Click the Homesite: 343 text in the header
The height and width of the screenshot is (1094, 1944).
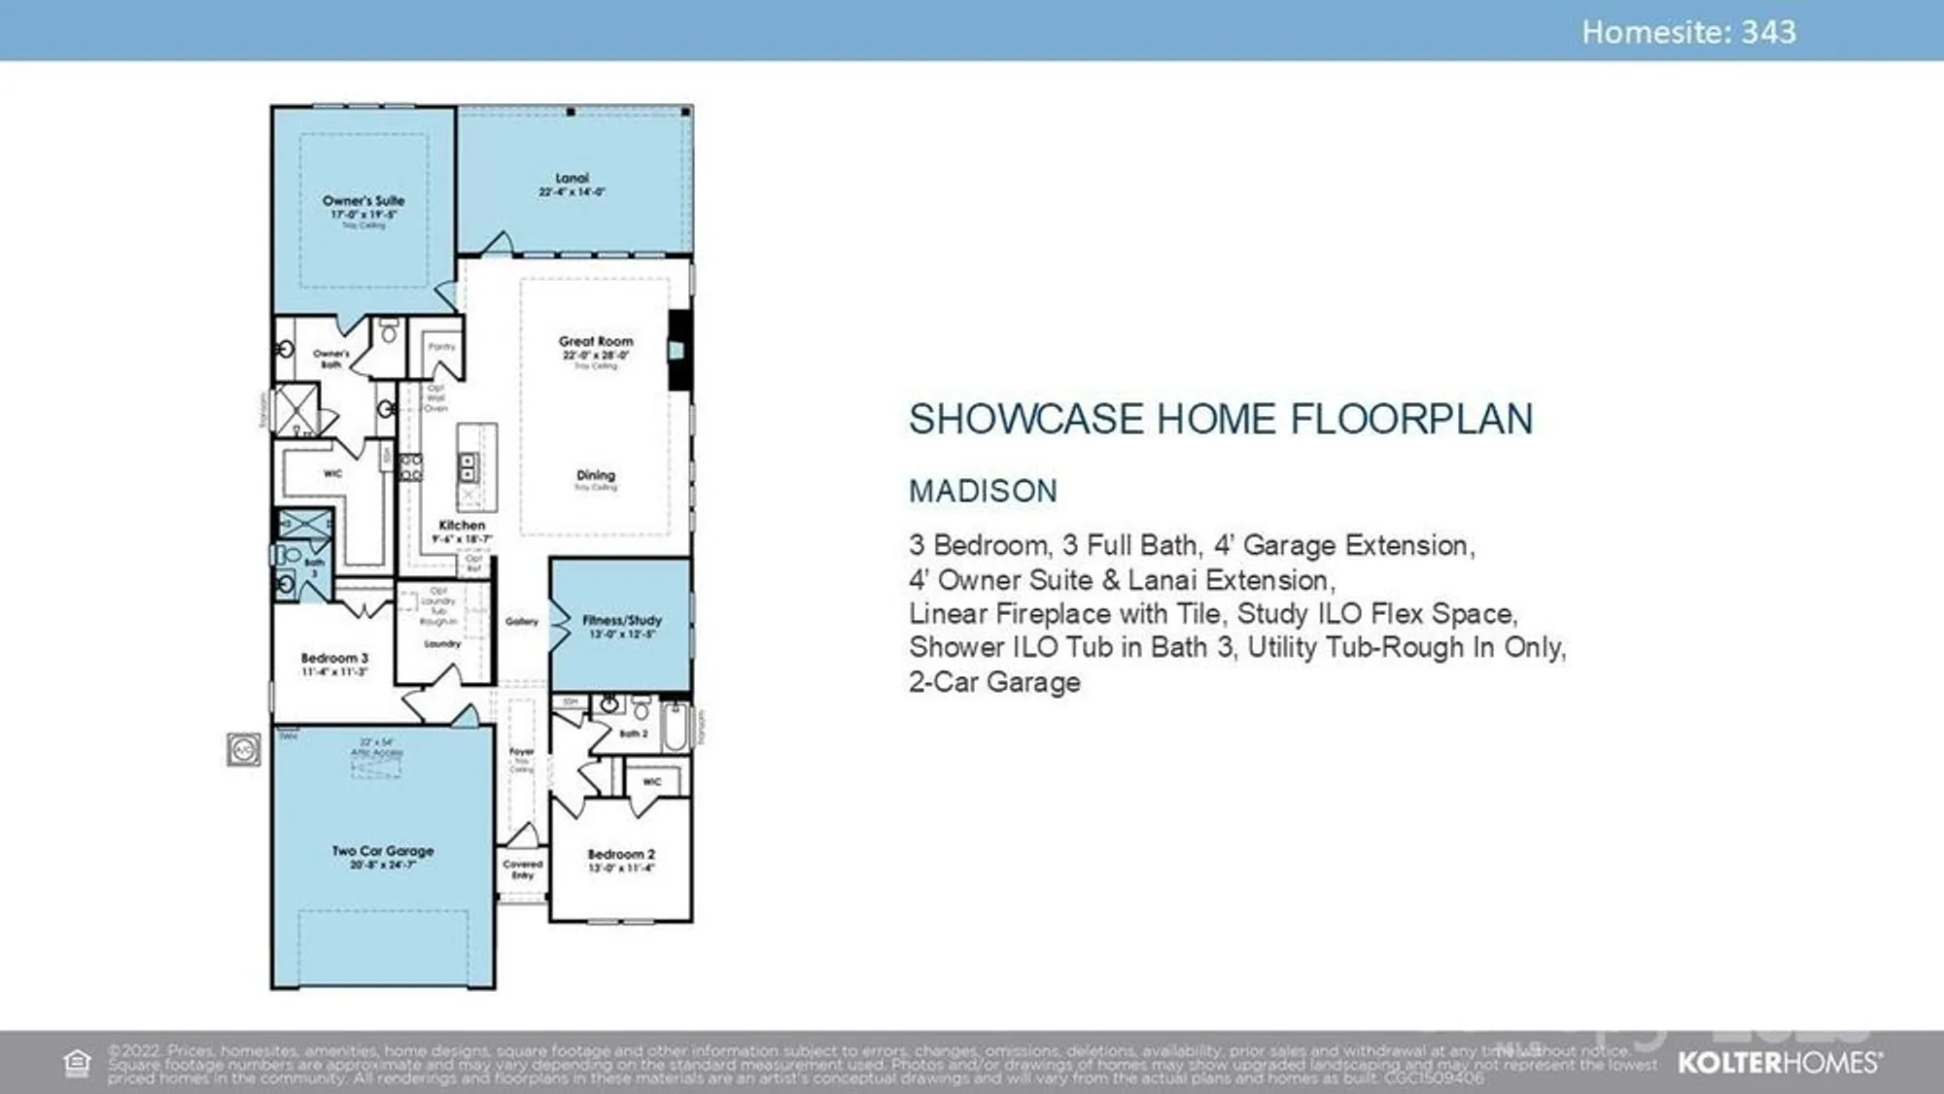(x=1688, y=32)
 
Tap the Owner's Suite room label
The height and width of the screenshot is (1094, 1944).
(x=364, y=201)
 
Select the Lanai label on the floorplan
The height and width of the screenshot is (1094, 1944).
(x=572, y=179)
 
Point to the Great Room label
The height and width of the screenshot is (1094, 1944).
(x=595, y=342)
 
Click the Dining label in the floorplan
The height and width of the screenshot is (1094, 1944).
(x=595, y=475)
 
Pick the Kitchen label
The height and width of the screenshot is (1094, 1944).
(x=462, y=526)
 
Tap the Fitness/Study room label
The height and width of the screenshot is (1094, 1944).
(x=622, y=620)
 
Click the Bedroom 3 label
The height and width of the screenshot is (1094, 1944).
(x=334, y=658)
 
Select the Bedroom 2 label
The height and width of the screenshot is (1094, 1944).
(x=621, y=855)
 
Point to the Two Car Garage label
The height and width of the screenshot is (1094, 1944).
(x=383, y=851)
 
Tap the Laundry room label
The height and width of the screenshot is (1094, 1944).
(x=442, y=643)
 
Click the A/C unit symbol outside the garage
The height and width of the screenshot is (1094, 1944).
(x=243, y=749)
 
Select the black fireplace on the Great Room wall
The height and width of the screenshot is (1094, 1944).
(x=678, y=350)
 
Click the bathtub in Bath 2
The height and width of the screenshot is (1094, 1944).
(x=675, y=726)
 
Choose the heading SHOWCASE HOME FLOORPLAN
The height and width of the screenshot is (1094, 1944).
(x=1221, y=420)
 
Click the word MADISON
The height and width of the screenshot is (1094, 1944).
(x=983, y=492)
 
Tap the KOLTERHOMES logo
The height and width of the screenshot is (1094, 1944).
(x=1779, y=1063)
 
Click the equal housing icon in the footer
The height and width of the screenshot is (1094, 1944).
(x=77, y=1063)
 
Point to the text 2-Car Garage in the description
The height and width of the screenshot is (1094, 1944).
(x=994, y=682)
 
